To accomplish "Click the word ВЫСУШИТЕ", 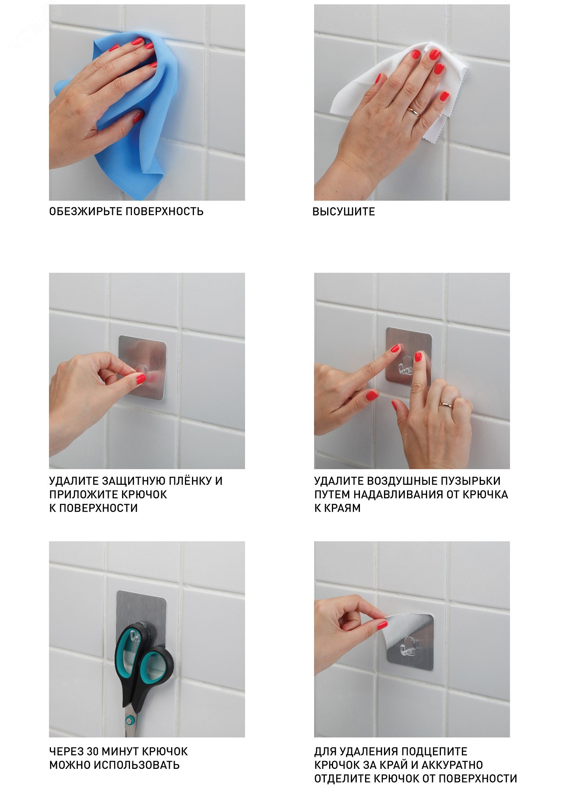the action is point(344,212).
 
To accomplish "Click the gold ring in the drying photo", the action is point(414,112).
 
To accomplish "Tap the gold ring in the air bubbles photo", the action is point(447,404).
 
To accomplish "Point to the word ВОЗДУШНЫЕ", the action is point(399,481).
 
